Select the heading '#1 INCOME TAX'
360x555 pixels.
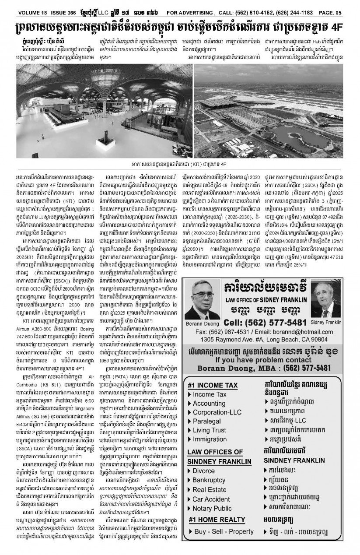(x=213, y=385)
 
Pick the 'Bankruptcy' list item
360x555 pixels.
(x=209, y=480)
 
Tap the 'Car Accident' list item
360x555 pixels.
(x=212, y=499)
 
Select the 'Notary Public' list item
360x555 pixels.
(x=212, y=508)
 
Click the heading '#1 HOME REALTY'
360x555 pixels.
(x=217, y=520)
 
